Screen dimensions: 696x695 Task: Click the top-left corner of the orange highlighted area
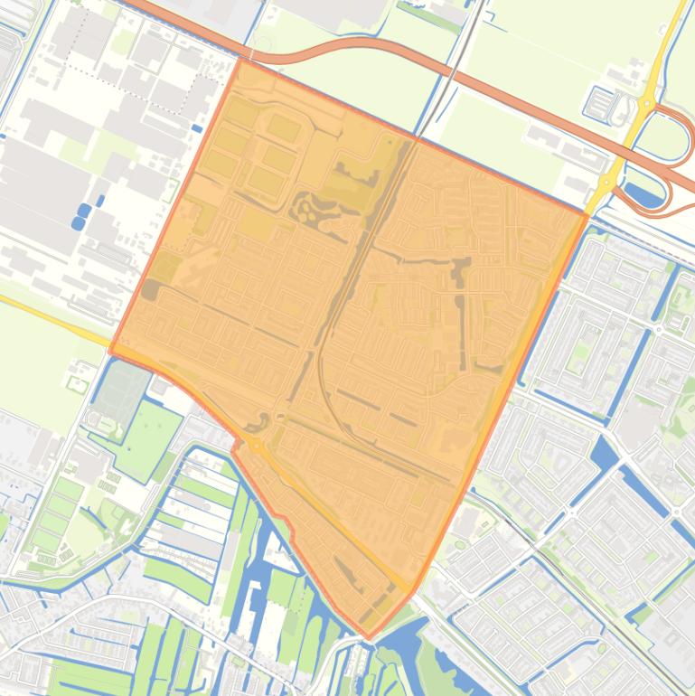click(x=239, y=60)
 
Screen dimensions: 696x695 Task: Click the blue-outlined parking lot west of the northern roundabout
click(x=599, y=101)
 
